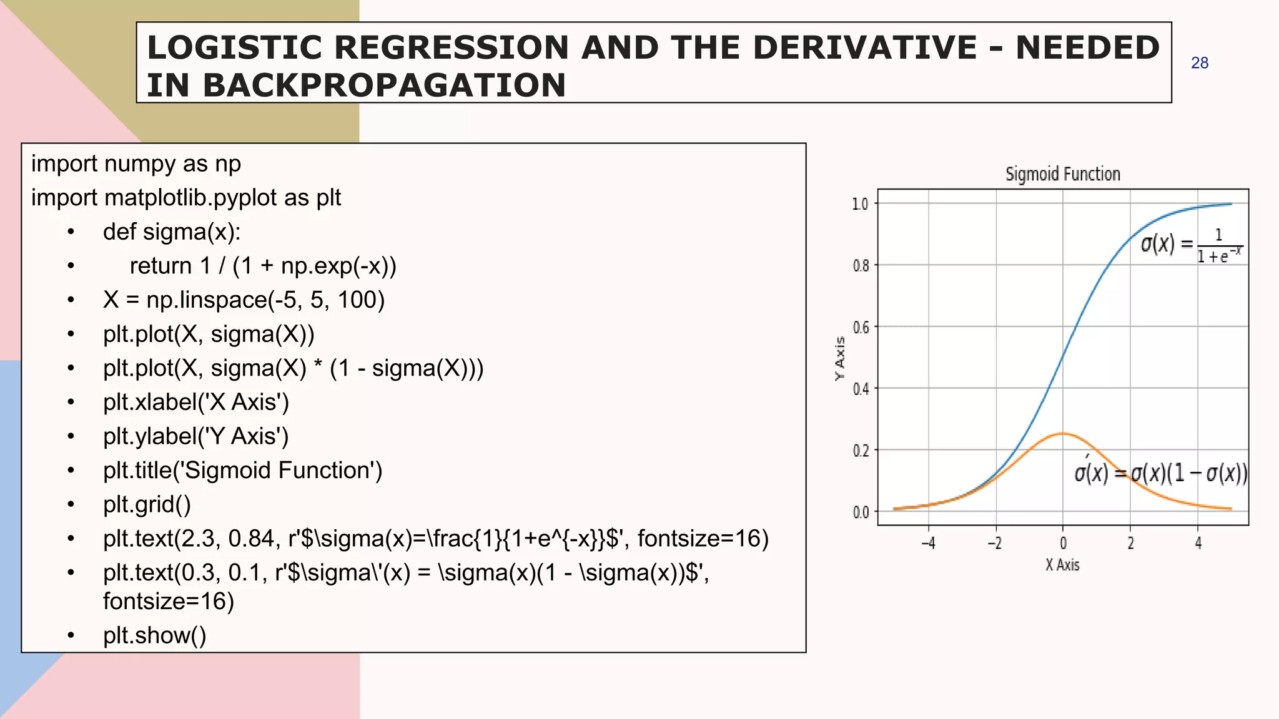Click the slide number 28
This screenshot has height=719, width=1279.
[x=1199, y=63]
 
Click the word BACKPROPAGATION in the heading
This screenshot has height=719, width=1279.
[x=383, y=86]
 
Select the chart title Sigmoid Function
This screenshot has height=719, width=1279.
[x=1062, y=174]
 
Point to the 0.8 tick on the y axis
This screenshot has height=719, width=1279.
[x=861, y=266]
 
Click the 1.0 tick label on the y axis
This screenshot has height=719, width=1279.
[x=860, y=204]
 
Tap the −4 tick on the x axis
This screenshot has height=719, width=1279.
[x=928, y=543]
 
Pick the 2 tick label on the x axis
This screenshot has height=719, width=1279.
[x=1130, y=543]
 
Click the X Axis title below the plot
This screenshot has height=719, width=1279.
[x=1062, y=565]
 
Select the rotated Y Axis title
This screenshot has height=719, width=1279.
[x=840, y=358]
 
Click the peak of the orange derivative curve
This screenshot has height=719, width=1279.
[x=1062, y=433]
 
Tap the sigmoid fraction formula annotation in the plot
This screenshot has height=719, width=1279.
[x=1191, y=245]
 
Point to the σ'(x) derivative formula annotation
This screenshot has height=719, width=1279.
[x=1160, y=473]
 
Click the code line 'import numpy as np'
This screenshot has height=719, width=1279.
[x=136, y=164]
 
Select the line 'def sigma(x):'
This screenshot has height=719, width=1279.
[x=172, y=232]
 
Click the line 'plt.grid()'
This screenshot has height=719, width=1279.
[x=147, y=504]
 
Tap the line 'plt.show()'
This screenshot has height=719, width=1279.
[x=154, y=635]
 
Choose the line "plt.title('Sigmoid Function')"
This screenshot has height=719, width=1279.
[x=242, y=470]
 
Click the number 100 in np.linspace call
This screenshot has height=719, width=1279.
[x=357, y=300]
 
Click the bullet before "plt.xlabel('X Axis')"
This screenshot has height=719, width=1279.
[x=71, y=402]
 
